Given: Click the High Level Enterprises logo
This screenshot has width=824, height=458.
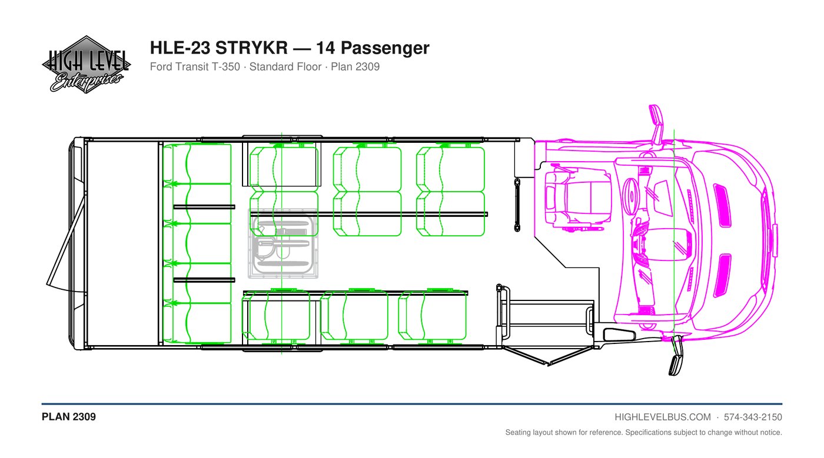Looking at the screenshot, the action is (x=86, y=64).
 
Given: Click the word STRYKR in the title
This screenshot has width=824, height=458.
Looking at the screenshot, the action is (x=251, y=48).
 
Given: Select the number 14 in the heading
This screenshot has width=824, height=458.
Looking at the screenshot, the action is (x=325, y=48).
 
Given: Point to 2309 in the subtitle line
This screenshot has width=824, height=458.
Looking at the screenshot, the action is (x=367, y=66).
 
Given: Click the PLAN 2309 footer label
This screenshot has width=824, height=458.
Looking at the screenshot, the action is (x=69, y=417).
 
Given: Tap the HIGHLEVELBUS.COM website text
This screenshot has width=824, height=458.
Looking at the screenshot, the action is (x=663, y=417).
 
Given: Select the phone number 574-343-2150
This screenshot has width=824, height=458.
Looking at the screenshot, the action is (x=753, y=417).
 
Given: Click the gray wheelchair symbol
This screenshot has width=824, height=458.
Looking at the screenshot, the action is (x=283, y=244).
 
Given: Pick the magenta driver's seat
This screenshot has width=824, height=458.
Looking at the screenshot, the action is (x=577, y=199).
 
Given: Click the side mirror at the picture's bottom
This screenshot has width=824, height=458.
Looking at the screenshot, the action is (x=676, y=356).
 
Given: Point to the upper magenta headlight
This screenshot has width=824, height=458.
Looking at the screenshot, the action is (x=722, y=205).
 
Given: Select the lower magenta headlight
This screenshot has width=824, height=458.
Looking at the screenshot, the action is (x=722, y=275).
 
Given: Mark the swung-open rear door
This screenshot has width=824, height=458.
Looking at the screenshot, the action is (x=66, y=243).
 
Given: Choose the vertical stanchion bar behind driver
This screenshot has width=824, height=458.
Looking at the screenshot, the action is (x=517, y=205).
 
